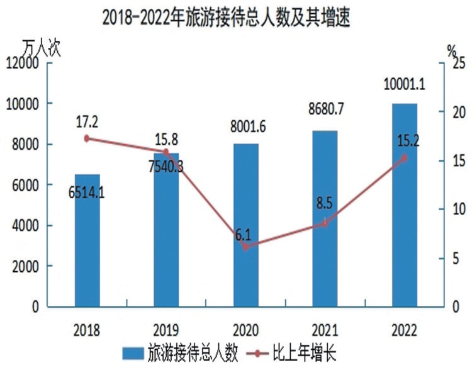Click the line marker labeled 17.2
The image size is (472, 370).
click(x=87, y=138)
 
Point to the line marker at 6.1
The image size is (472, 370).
click(x=245, y=247)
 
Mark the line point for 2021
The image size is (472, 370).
click(x=325, y=223)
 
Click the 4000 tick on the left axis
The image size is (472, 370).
click(x=25, y=225)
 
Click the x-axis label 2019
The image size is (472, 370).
click(x=166, y=330)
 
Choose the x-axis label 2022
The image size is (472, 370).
click(x=404, y=330)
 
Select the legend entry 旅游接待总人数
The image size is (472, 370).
click(x=179, y=353)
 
